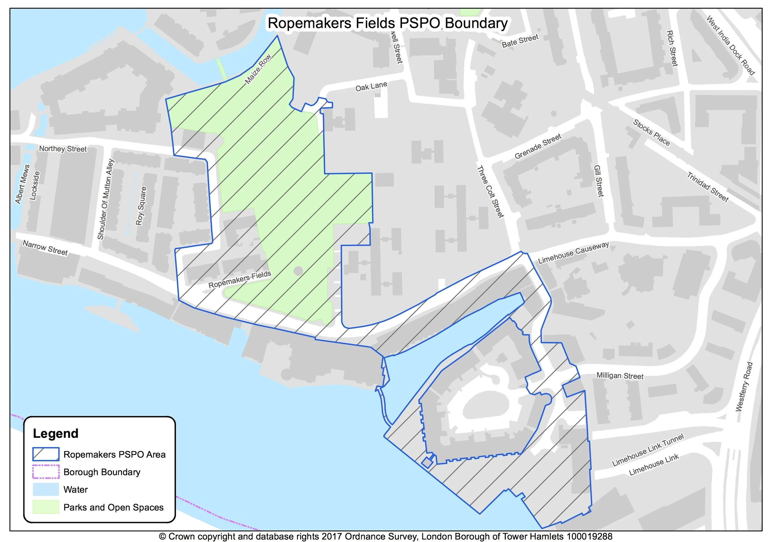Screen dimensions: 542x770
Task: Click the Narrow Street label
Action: [x=45, y=248]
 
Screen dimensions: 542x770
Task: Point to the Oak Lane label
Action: [x=371, y=86]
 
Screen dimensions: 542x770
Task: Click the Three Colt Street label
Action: [x=490, y=192]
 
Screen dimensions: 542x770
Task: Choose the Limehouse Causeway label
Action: [x=573, y=252]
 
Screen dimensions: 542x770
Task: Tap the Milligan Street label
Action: [x=620, y=375]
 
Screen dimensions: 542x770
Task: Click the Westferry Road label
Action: [x=744, y=387]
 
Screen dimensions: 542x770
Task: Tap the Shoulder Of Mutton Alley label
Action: [x=106, y=199]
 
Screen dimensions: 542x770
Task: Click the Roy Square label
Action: [x=141, y=206]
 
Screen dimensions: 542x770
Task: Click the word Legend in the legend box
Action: [x=55, y=433]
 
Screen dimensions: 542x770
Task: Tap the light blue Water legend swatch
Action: [x=46, y=489]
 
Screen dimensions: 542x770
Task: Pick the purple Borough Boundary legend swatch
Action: [x=46, y=472]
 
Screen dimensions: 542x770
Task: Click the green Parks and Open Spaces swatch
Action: [x=46, y=507]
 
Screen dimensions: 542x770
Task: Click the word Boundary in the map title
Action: [x=476, y=23]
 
